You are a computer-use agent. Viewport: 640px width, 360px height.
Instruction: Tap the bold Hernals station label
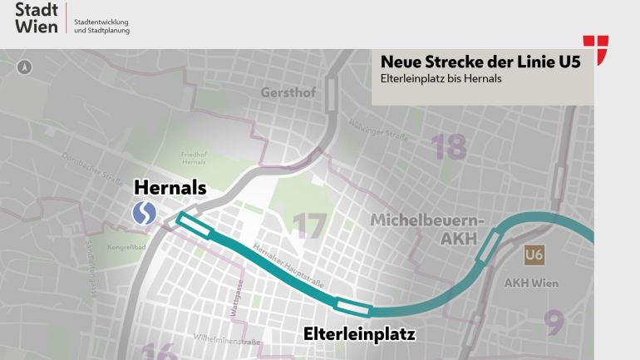[x=170, y=188]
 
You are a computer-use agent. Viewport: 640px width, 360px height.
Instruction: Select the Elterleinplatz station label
[x=358, y=335]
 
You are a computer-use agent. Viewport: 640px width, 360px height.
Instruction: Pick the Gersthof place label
[x=288, y=92]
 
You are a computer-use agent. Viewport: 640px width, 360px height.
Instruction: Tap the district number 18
[x=448, y=146]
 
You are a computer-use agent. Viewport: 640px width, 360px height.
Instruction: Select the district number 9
[x=554, y=319]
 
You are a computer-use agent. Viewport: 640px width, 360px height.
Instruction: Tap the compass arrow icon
[x=24, y=67]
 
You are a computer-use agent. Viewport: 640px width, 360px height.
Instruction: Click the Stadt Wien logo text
[x=37, y=18]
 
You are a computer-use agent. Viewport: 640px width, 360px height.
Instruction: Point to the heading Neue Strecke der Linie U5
[x=480, y=62]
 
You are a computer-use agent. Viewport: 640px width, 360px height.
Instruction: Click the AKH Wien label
[x=532, y=282]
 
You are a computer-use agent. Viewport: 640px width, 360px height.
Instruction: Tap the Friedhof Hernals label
[x=193, y=158]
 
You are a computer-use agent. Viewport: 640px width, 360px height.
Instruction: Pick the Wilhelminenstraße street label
[x=227, y=341]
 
